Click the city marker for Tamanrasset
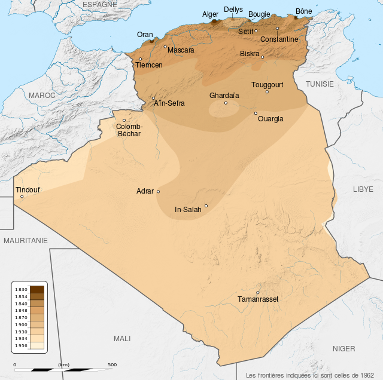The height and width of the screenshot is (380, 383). pyautogui.click(x=258, y=292)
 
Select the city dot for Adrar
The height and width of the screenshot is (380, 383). pyautogui.click(x=158, y=192)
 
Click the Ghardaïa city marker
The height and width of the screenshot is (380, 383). pyautogui.click(x=226, y=103)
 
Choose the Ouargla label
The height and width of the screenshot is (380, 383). pyautogui.click(x=270, y=118)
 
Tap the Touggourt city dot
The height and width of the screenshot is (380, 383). pyautogui.click(x=267, y=91)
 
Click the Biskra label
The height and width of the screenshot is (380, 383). pyautogui.click(x=250, y=54)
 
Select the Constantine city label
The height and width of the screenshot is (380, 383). pyautogui.click(x=279, y=39)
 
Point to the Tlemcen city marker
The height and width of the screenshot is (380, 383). pyautogui.click(x=141, y=59)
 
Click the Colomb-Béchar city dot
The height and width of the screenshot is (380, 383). pyautogui.click(x=124, y=120)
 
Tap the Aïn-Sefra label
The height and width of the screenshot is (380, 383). pyautogui.click(x=169, y=103)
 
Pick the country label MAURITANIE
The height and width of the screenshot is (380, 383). pyautogui.click(x=25, y=240)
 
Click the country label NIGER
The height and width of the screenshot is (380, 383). pyautogui.click(x=344, y=348)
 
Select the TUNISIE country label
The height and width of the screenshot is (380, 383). pyautogui.click(x=320, y=84)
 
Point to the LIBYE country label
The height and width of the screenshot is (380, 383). pyautogui.click(x=363, y=189)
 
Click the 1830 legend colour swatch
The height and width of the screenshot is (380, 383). pyautogui.click(x=37, y=289)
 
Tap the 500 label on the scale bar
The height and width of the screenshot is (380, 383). pyautogui.click(x=112, y=364)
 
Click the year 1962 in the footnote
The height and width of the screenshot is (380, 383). pyautogui.click(x=367, y=375)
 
